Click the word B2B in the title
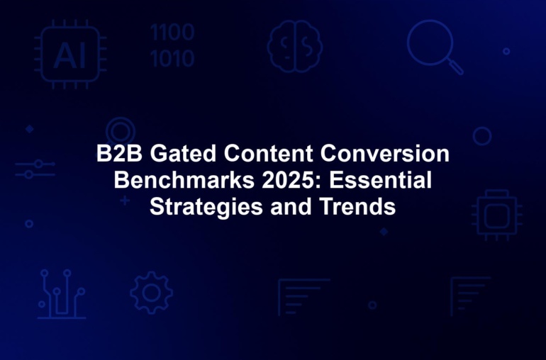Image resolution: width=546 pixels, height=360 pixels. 119,153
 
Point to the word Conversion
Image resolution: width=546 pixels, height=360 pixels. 385,153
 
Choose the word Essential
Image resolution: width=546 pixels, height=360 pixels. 381,180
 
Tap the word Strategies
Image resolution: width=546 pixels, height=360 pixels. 206,207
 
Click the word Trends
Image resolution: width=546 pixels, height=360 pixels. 357,206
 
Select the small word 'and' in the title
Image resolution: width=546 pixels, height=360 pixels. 291,206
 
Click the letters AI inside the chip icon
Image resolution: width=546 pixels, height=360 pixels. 69,56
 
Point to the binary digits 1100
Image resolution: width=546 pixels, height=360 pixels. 172,33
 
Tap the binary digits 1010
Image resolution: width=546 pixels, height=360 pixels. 172,58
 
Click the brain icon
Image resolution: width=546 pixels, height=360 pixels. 294,46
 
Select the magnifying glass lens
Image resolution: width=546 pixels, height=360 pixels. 430,43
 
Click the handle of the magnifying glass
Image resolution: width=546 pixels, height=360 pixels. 455,67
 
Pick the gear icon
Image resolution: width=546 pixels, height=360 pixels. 152,293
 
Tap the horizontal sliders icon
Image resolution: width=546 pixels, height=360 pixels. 35,169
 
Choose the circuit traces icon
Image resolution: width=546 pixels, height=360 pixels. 62,294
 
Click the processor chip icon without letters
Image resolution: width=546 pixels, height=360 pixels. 497,215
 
